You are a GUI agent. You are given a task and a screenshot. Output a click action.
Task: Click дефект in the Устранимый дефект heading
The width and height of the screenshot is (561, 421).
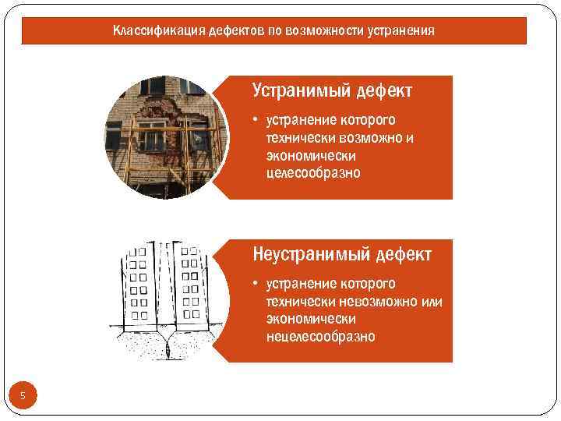click(x=383, y=90)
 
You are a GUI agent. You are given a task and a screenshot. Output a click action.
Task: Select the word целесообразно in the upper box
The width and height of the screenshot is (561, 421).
click(x=312, y=172)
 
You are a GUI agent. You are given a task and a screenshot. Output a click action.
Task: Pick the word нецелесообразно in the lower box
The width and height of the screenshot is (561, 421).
click(x=319, y=336)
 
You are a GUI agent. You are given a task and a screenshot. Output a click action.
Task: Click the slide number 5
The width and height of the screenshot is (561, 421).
click(x=23, y=396)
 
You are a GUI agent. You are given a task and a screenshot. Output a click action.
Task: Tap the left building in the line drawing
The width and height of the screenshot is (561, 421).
click(x=140, y=285)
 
